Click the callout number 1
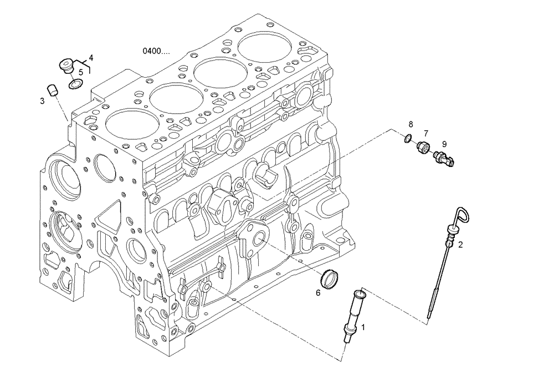coord(363,327)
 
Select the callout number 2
coord(460,244)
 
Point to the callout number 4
coord(91,57)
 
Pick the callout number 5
coord(81,72)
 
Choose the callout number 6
coord(318,292)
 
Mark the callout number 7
coord(426,133)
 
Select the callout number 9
coord(444,143)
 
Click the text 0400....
coord(156,51)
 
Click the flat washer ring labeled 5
coord(75,84)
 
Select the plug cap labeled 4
coord(66,65)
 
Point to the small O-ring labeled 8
coord(408,138)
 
